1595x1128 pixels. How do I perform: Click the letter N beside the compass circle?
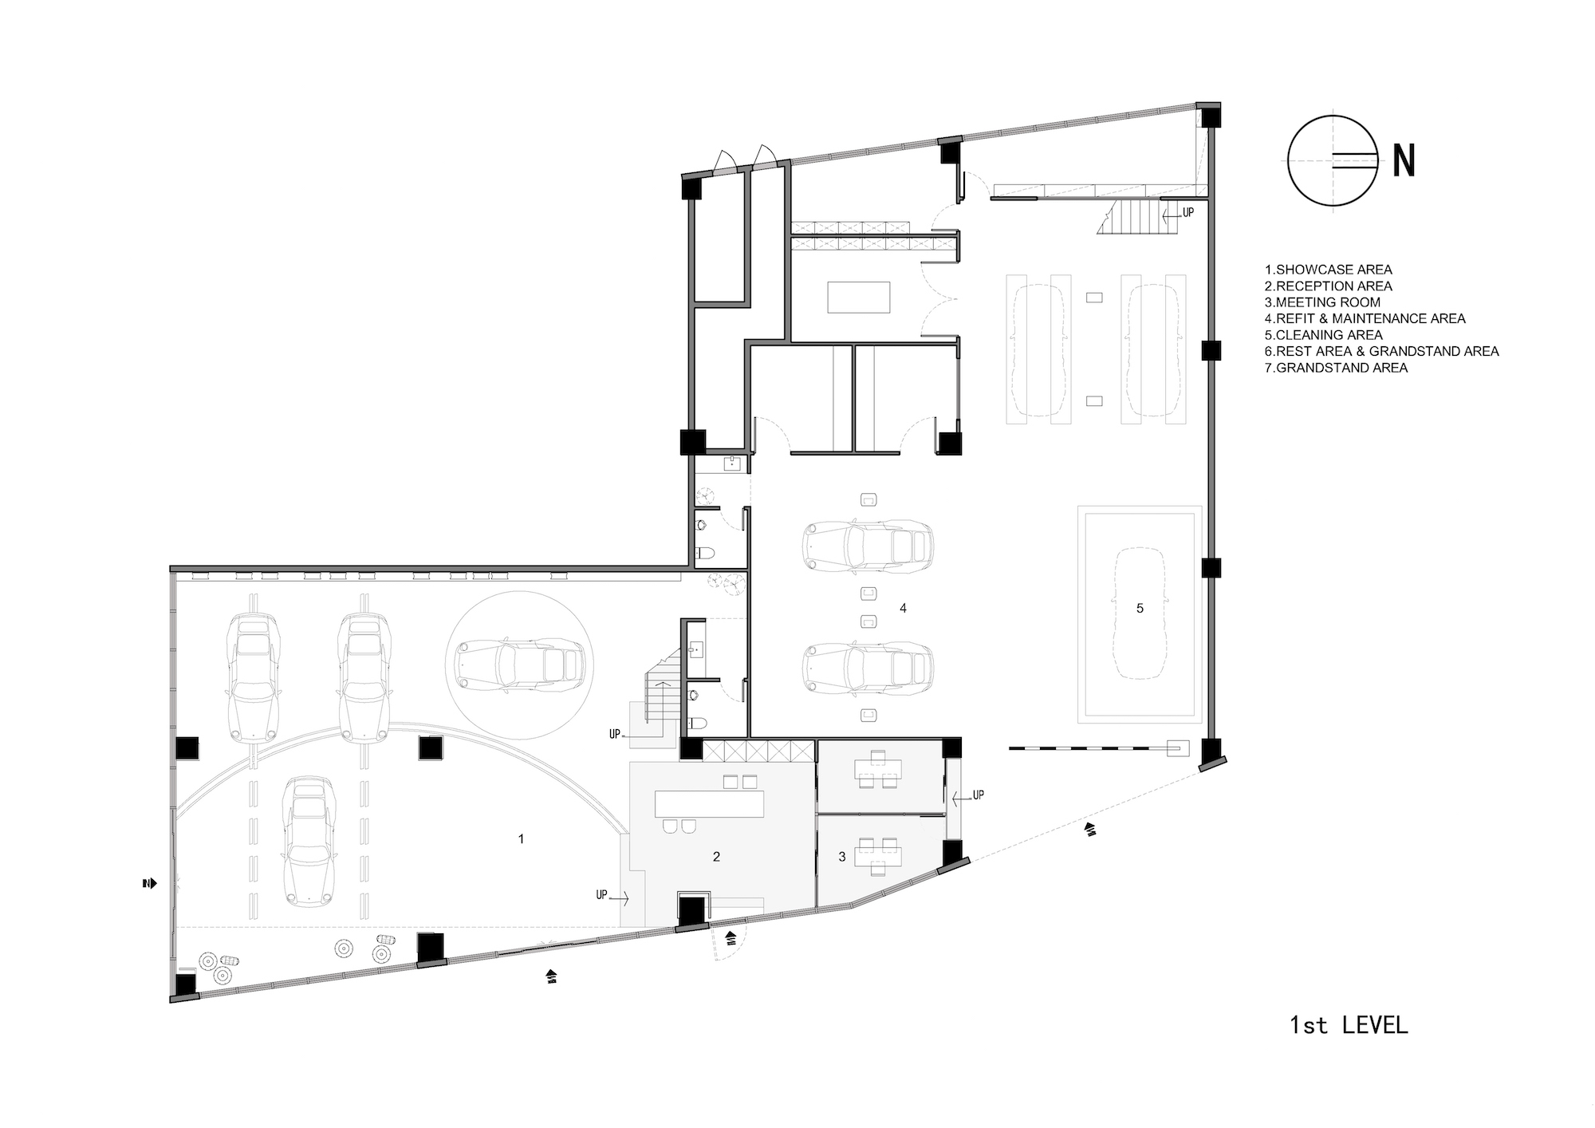click(1404, 162)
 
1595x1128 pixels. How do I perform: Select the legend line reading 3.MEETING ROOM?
click(1322, 302)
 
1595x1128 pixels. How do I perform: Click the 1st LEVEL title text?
click(1349, 1024)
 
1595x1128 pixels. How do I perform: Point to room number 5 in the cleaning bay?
click(1140, 609)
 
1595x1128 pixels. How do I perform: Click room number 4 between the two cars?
click(903, 609)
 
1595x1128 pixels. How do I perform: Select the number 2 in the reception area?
click(716, 857)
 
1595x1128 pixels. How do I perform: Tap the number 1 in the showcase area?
click(522, 839)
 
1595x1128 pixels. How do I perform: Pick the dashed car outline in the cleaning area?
click(1140, 613)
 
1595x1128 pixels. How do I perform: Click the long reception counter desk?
click(709, 803)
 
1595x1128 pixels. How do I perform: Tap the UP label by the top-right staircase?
click(1187, 214)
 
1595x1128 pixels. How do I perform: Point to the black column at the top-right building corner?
click(1211, 117)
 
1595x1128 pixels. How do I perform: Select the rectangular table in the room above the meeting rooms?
click(858, 297)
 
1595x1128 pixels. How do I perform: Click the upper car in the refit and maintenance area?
click(868, 547)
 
